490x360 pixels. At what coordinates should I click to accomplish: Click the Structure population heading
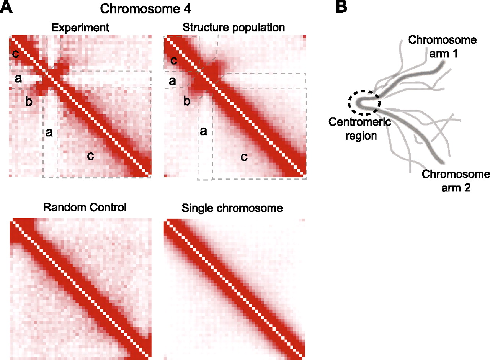pyautogui.click(x=234, y=28)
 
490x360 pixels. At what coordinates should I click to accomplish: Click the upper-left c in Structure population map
pyautogui.click(x=173, y=61)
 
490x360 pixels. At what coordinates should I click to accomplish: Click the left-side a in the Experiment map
pyautogui.click(x=17, y=79)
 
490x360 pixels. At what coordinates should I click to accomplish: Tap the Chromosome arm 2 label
pyautogui.click(x=455, y=181)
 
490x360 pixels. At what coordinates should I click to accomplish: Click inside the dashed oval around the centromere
pyautogui.click(x=364, y=103)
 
